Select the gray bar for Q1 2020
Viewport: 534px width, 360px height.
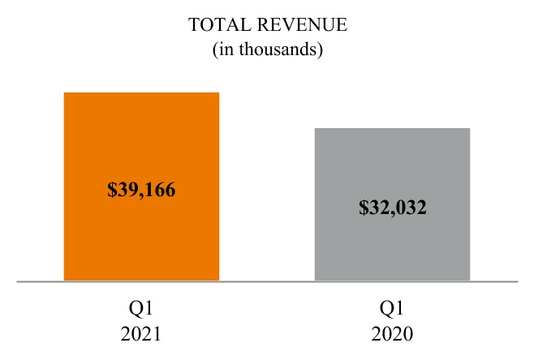tap(392, 243)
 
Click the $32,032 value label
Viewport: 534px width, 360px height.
tap(393, 207)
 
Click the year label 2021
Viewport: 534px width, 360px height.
tap(141, 334)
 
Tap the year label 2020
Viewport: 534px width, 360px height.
tap(392, 334)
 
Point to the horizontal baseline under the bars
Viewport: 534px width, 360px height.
tap(268, 282)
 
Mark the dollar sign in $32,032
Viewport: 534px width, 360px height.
tap(363, 207)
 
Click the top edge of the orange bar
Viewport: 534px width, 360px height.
tap(141, 93)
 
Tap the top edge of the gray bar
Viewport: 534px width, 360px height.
tap(392, 129)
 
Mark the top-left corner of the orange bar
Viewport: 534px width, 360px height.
tap(64, 93)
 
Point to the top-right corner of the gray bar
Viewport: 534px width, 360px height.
tap(469, 129)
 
